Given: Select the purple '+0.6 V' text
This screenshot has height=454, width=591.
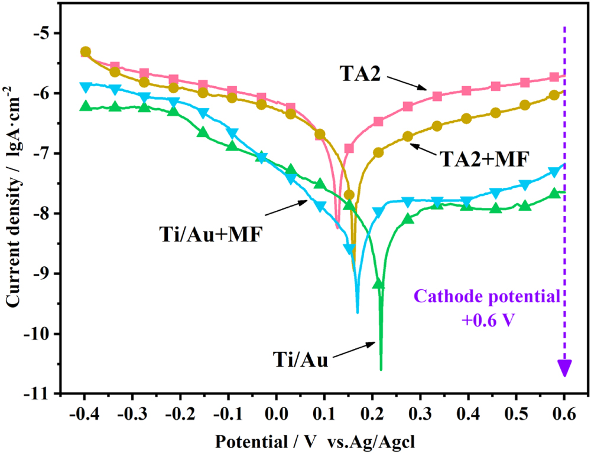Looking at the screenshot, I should pyautogui.click(x=490, y=319).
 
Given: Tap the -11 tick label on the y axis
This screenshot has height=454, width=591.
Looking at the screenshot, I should pyautogui.click(x=43, y=394).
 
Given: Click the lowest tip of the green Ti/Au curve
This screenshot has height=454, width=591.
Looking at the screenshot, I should pyautogui.click(x=381, y=370).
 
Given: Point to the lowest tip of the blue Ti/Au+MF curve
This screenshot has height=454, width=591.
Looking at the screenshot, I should pyautogui.click(x=358, y=312).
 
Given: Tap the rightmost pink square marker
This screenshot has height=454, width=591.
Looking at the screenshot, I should pyautogui.click(x=554, y=77).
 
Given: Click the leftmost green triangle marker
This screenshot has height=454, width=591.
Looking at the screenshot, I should pyautogui.click(x=86, y=107).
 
